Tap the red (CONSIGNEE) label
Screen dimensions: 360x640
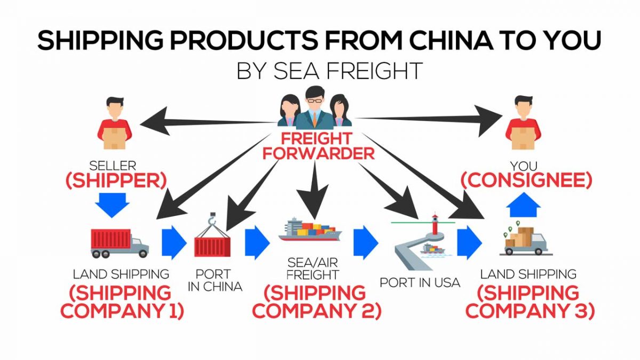click(527, 180)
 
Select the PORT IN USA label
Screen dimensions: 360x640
click(420, 282)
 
